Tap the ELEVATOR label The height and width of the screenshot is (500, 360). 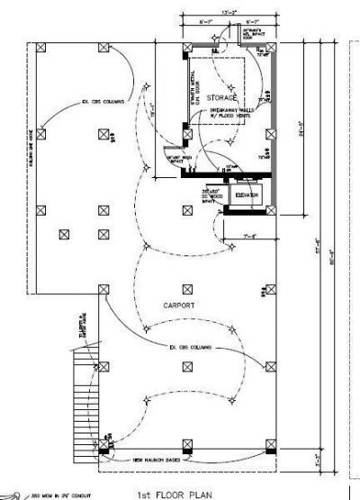coord(247,195)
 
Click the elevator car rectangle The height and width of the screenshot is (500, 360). coord(246,196)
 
